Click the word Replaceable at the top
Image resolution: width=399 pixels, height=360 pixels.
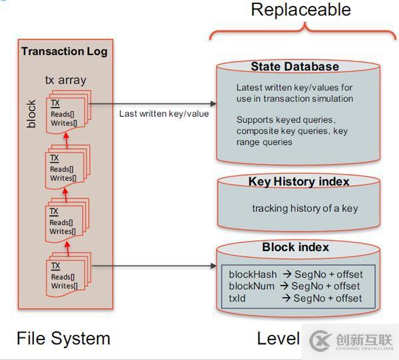pyautogui.click(x=301, y=10)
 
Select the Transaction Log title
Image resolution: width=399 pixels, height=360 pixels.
pyautogui.click(x=64, y=51)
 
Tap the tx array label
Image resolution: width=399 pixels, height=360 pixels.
pyautogui.click(x=65, y=80)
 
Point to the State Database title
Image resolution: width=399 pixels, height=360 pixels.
pyautogui.click(x=295, y=66)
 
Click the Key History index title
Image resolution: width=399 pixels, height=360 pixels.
pyautogui.click(x=299, y=181)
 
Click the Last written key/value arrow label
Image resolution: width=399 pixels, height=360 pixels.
pyautogui.click(x=164, y=114)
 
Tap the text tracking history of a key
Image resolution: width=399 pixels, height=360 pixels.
pyautogui.click(x=305, y=208)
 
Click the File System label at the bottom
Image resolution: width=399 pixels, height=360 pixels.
pyautogui.click(x=63, y=338)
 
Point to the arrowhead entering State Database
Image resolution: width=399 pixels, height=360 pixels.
pyautogui.click(x=213, y=104)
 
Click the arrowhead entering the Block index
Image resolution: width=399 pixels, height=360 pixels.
pyautogui.click(x=213, y=267)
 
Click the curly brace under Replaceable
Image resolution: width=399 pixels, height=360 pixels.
pyautogui.click(x=304, y=31)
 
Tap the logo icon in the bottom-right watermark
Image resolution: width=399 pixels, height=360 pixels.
pyautogui.click(x=321, y=339)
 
